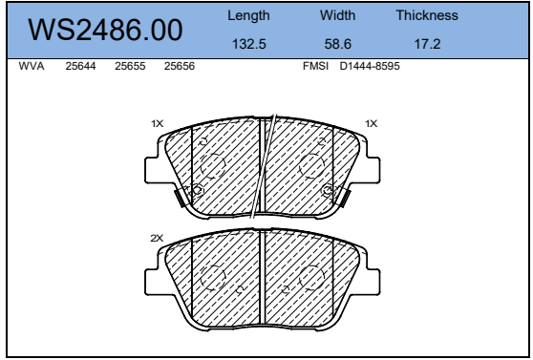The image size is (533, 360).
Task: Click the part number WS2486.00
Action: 105,30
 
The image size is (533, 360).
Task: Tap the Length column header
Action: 248,15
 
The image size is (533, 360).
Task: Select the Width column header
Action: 337,15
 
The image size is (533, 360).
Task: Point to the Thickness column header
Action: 427,15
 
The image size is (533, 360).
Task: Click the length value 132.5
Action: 248,44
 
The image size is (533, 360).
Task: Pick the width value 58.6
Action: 338,44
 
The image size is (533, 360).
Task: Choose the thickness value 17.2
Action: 427,44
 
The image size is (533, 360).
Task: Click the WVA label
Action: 32,66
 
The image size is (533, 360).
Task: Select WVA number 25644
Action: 80,66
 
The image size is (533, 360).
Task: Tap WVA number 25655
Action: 130,66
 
